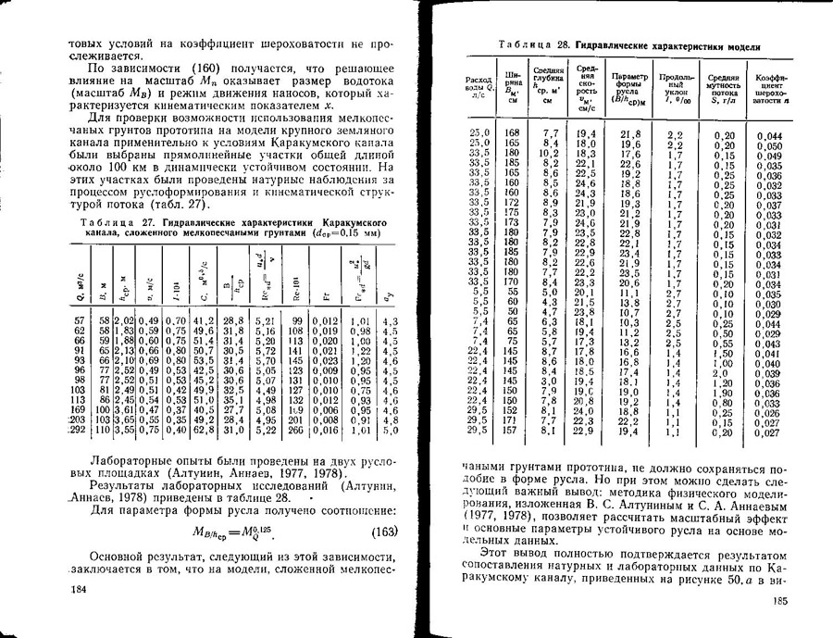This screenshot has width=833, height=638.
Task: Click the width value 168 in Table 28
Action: click(x=511, y=134)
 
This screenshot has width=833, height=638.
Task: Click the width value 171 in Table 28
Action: click(x=511, y=420)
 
